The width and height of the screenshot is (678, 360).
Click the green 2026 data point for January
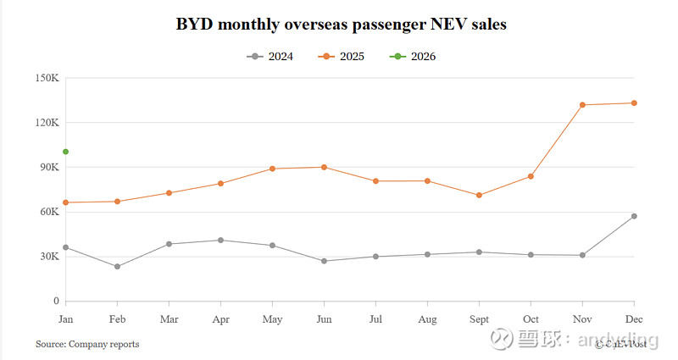coord(65,152)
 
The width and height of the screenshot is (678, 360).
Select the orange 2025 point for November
coord(582,105)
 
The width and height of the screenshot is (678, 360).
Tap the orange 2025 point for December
coord(634,103)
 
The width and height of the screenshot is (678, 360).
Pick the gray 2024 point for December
coord(634,216)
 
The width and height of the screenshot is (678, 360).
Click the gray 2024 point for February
coord(117,267)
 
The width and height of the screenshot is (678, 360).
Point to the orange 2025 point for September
coord(479,196)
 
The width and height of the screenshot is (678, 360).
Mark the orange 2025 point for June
coord(324,167)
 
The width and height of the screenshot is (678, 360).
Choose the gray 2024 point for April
coord(220,241)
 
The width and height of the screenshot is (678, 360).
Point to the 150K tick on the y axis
coord(47,78)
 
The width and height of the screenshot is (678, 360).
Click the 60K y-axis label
coord(48,212)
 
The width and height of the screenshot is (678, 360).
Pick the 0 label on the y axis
coord(55,301)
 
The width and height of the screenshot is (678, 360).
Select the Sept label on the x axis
coord(479,318)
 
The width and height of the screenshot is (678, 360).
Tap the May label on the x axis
coord(272,318)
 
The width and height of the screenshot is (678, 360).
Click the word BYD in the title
coord(194,25)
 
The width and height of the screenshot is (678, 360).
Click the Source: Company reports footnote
coord(87,344)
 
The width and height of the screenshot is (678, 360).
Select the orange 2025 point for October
coord(531,176)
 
